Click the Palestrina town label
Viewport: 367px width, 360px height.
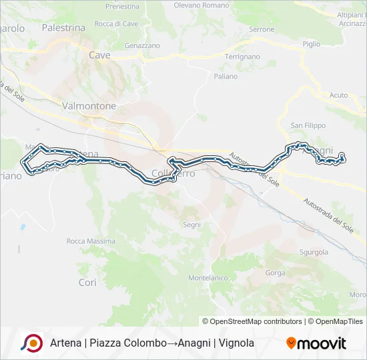63,28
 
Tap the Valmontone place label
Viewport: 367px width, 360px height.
89,106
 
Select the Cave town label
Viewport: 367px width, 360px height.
99,55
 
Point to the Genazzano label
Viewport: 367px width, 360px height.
142,45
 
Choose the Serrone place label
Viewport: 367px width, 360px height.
262,29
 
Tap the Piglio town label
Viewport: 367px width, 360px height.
312,43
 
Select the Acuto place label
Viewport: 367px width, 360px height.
338,95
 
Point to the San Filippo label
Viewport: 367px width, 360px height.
308,125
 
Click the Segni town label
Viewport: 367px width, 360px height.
192,225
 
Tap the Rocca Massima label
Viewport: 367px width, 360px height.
91,241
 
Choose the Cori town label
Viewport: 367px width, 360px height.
87,283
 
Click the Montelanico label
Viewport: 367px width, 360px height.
209,277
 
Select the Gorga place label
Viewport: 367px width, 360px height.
275,273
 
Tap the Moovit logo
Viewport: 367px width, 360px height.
316,343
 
